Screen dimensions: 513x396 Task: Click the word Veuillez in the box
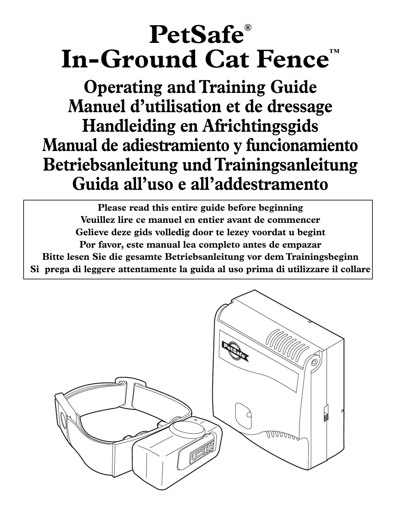point(97,220)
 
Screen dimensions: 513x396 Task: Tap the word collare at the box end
point(358,269)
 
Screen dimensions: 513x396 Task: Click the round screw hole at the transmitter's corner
point(314,362)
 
